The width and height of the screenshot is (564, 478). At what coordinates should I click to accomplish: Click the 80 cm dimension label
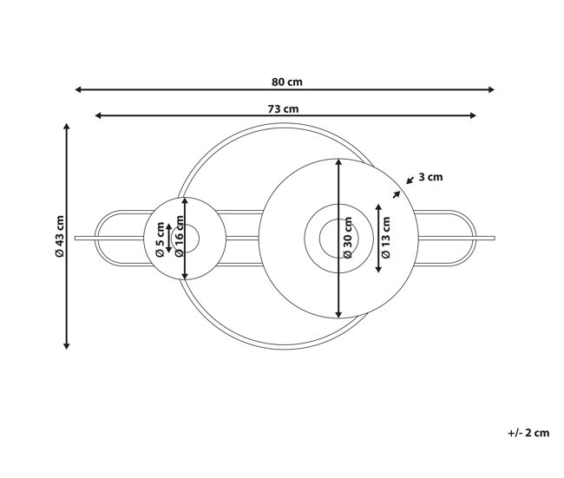point(286,82)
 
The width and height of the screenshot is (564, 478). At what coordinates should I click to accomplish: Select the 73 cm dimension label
point(283,108)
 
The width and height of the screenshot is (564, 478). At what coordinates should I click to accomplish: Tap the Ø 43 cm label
point(59,236)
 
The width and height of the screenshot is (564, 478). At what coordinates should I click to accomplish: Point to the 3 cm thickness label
point(430,177)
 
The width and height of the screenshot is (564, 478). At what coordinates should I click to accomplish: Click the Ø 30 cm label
point(348,238)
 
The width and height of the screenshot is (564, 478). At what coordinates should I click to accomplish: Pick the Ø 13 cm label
point(385,238)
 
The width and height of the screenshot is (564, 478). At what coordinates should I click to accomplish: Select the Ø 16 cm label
point(179,236)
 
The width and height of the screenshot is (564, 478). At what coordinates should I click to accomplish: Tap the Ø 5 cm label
point(160,239)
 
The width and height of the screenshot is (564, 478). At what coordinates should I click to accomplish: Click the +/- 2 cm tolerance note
point(528,433)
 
